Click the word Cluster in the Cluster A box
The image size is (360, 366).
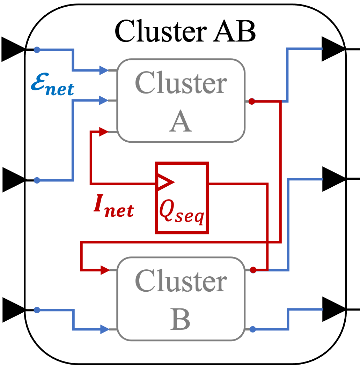click(181, 83)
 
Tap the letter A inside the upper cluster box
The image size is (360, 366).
click(181, 122)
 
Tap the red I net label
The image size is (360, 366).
click(113, 206)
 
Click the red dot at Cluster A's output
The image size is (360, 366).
click(252, 101)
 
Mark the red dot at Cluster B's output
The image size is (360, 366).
click(253, 270)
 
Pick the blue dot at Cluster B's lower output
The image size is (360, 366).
click(252, 329)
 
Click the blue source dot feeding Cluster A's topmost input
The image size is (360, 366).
click(37, 50)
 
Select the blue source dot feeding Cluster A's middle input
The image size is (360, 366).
click(37, 180)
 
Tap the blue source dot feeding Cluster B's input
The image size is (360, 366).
click(37, 310)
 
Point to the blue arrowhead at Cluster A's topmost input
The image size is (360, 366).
click(104, 70)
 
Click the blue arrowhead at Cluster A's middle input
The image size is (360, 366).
click(104, 100)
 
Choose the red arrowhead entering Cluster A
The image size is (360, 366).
click(104, 132)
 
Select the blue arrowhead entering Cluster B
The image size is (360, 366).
click(104, 329)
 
